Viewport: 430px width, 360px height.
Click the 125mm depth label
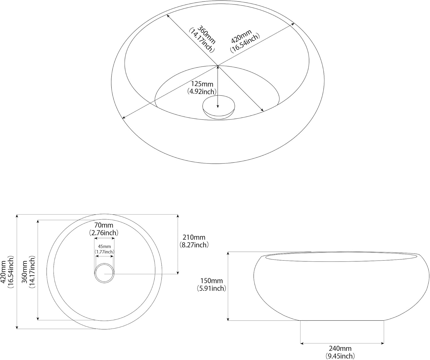(x=202, y=84)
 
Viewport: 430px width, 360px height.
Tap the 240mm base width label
(x=340, y=348)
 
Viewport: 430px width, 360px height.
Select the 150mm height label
(x=212, y=281)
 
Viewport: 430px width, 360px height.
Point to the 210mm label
(x=194, y=237)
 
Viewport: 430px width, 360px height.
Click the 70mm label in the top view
(x=104, y=225)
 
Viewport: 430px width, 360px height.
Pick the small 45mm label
(x=104, y=246)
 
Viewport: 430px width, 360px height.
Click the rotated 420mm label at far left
(x=3, y=272)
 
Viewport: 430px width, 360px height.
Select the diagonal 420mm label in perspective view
(x=241, y=36)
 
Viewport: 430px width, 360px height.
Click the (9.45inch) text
(x=340, y=356)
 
